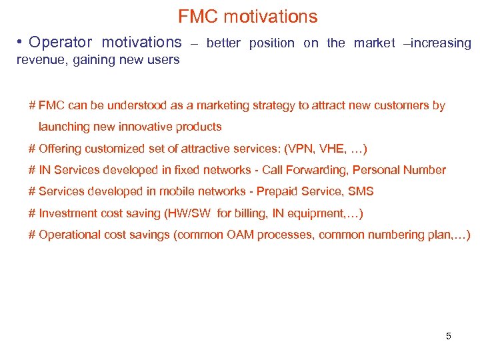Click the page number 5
448,336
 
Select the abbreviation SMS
361,191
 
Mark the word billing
255,213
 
